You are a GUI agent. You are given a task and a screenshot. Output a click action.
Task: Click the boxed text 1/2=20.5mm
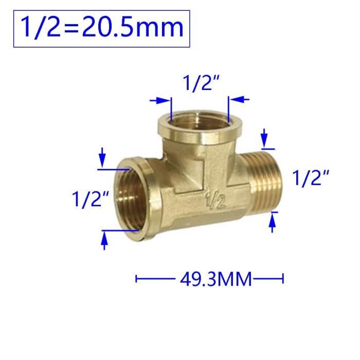[102, 28]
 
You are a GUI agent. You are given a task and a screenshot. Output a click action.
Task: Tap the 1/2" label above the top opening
[202, 83]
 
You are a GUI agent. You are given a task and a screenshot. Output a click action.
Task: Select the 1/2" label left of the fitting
[90, 200]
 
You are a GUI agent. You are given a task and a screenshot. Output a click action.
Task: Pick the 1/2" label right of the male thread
[311, 178]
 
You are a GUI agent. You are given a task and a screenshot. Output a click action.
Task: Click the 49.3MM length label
[216, 279]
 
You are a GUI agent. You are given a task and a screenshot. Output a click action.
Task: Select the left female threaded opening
[133, 199]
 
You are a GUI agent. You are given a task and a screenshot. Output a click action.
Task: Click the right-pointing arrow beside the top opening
[160, 100]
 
